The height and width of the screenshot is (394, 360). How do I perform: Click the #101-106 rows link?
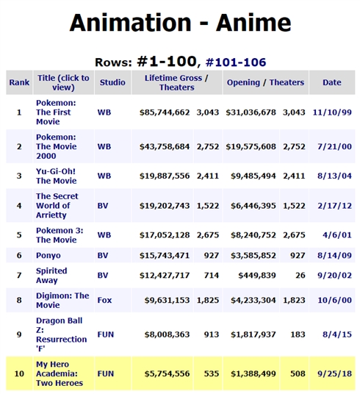236,62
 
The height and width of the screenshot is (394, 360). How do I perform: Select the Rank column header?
19,82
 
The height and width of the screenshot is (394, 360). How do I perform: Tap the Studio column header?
111,82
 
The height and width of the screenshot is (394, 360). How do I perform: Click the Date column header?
331,82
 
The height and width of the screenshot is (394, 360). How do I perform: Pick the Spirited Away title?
51,275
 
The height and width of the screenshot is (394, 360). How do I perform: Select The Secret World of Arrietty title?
57,206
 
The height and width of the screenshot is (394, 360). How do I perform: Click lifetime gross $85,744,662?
165,112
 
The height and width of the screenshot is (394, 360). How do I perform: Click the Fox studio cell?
104,301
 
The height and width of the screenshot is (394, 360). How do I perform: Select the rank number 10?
19,373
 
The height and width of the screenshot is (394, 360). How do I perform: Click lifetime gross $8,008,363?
167,332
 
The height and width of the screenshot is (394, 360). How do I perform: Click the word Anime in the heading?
253,24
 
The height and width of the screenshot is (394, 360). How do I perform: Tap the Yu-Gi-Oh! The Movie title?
56,176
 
